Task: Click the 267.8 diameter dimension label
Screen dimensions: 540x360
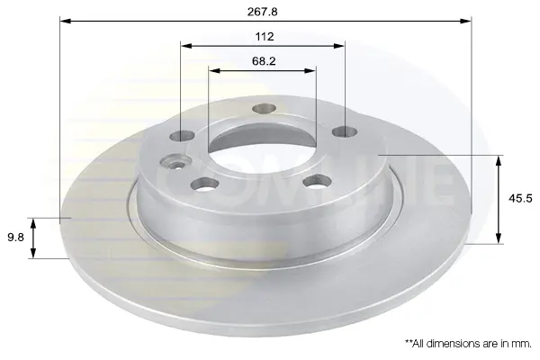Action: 262,12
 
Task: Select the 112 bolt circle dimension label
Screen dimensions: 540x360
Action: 264,37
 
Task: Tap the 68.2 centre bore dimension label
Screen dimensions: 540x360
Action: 264,61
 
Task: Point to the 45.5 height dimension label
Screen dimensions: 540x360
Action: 520,198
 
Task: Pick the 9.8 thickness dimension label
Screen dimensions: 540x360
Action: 16,238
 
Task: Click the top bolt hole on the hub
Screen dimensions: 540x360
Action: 264,109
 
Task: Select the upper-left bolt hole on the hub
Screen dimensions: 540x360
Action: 183,136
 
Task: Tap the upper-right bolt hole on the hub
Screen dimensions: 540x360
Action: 345,131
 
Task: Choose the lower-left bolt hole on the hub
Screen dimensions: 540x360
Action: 205,184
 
